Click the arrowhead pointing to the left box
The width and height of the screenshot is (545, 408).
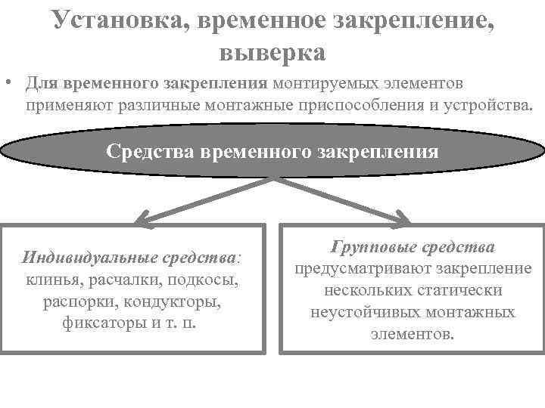(x=142, y=220)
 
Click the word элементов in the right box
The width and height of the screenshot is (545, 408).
(x=412, y=333)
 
